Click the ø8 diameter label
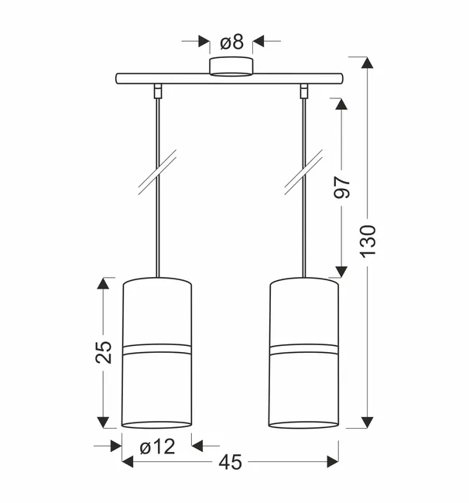231,43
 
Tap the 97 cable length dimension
341,187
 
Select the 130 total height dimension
368,241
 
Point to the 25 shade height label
103,352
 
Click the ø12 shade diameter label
158,447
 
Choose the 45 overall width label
231,462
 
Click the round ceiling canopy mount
231,67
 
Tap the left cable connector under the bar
158,91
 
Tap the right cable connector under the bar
304,91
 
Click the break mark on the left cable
157,172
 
